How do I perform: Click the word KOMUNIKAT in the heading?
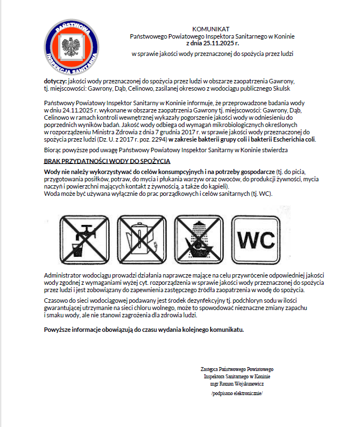click(211, 29)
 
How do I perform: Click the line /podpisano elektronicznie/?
click(237, 393)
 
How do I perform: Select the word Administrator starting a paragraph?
click(62, 276)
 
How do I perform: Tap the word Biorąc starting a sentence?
click(54, 151)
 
